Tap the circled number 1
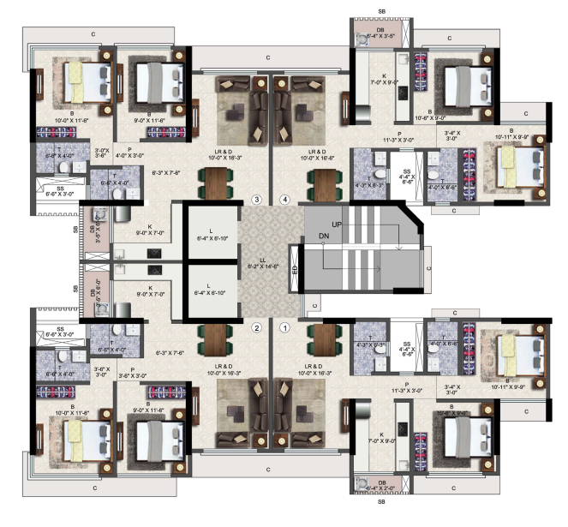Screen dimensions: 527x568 (x=285, y=326)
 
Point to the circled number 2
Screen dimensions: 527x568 (x=255, y=326)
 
